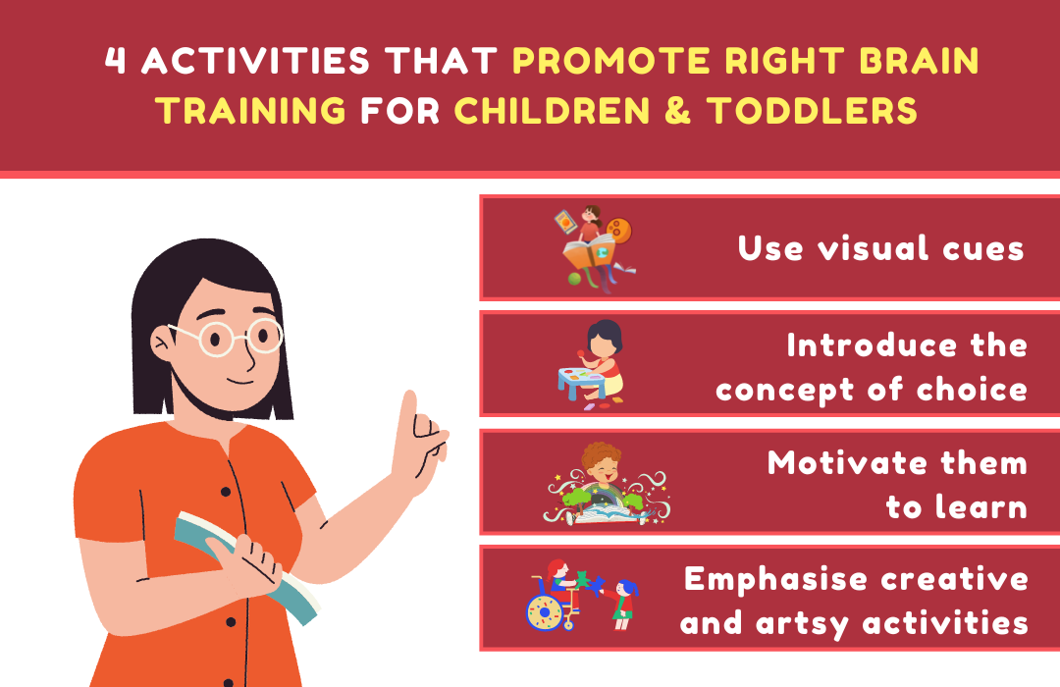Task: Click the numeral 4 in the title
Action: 116,60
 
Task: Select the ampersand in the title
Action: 678,110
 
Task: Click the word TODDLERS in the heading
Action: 812,110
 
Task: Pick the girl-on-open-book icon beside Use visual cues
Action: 594,248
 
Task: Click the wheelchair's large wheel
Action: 544,612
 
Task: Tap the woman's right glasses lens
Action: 264,336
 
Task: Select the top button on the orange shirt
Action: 225,492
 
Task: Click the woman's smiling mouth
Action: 239,382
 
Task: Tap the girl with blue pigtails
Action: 623,604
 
